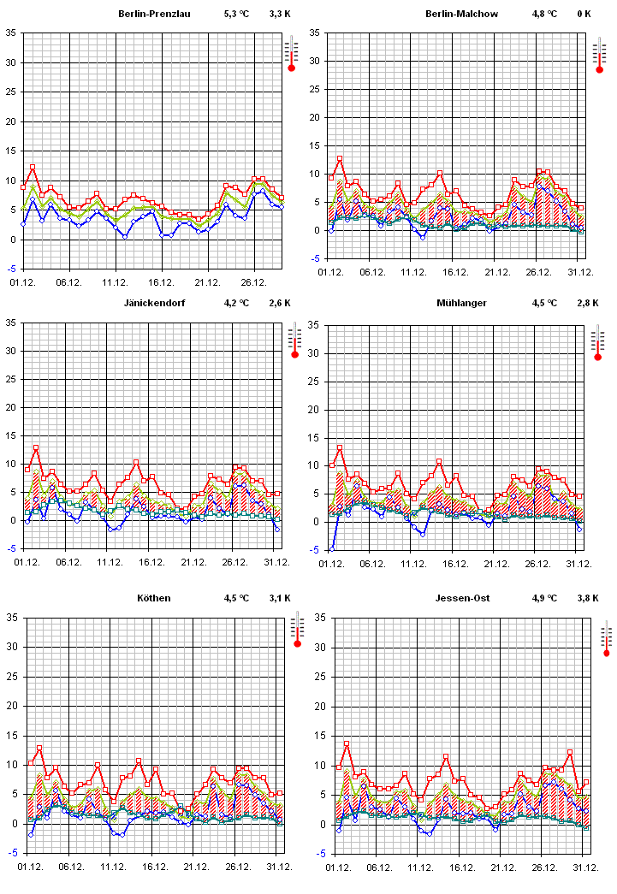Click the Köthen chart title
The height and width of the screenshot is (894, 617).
tap(154, 598)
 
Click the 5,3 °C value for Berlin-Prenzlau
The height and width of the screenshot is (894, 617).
tap(236, 15)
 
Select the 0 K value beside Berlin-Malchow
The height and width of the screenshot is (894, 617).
tap(584, 14)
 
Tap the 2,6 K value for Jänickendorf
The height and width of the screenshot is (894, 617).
tap(280, 303)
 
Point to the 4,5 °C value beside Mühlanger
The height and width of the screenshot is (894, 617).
tap(544, 303)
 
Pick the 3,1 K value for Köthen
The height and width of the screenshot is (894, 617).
tap(280, 598)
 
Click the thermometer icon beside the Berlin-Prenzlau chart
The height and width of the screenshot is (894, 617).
tap(291, 54)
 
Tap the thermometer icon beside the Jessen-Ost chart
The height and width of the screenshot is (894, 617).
tap(607, 640)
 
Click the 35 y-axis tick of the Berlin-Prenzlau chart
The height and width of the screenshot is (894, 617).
tap(11, 33)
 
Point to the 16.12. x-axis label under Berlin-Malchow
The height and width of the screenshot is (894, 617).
tap(454, 271)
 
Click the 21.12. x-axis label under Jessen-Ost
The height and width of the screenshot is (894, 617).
tap(502, 866)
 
